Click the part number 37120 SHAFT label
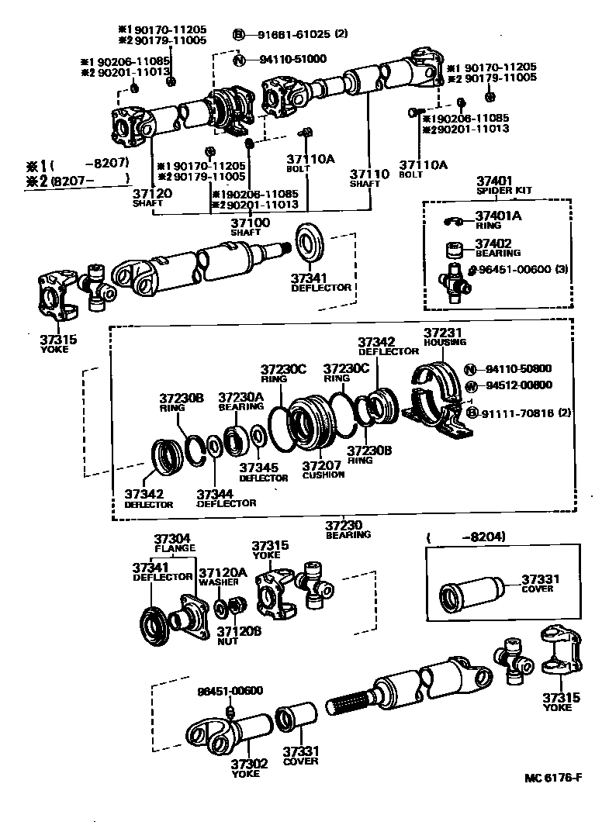pyautogui.click(x=147, y=196)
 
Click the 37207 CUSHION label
pyautogui.click(x=323, y=469)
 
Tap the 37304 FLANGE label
pyautogui.click(x=173, y=543)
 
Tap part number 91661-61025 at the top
pyautogui.click(x=292, y=35)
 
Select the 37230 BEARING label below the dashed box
pyautogui.click(x=348, y=529)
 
